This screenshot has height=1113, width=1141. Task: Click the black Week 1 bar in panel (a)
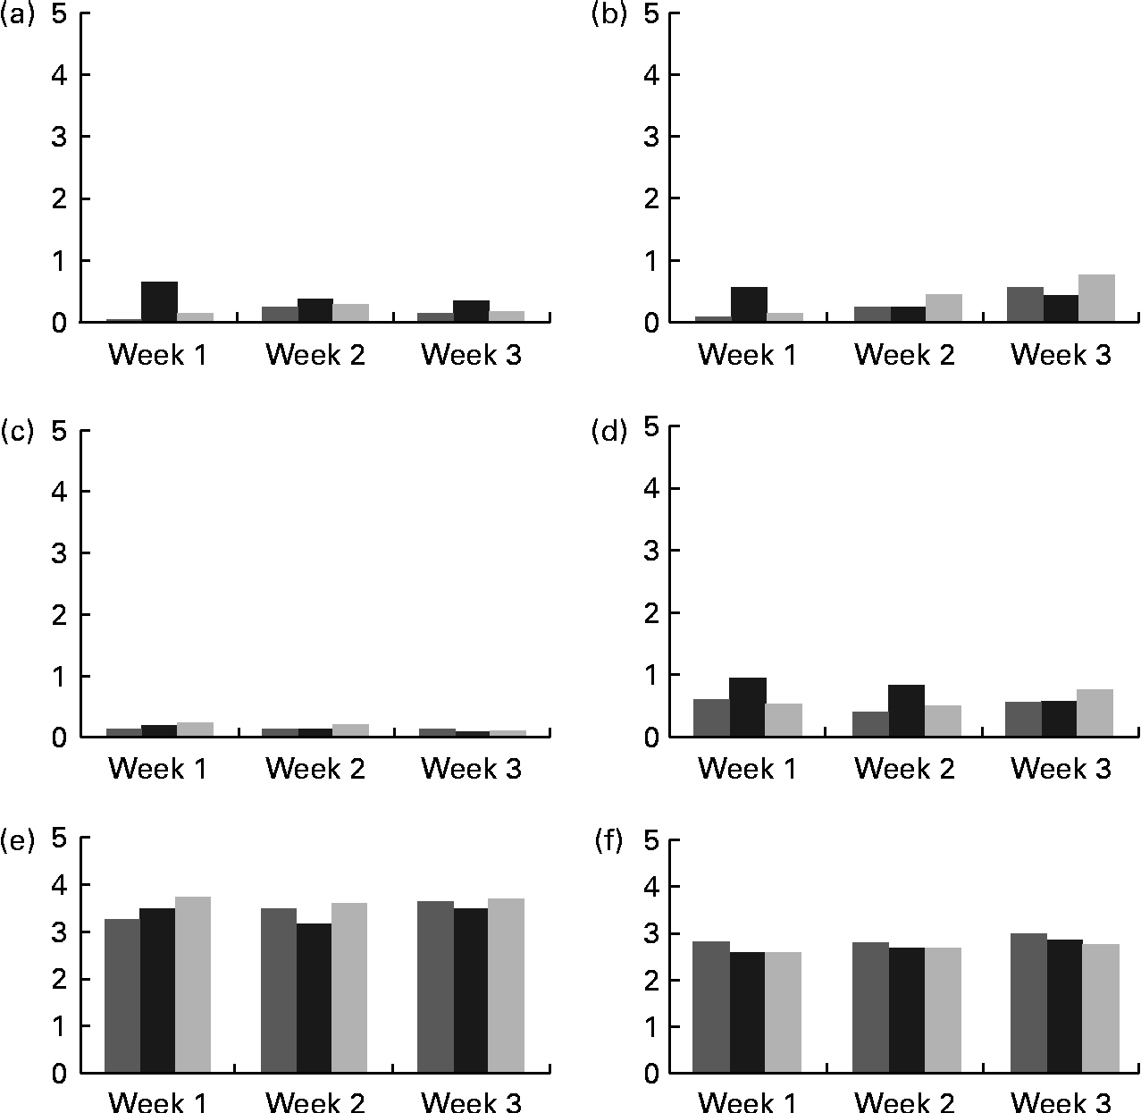click(x=159, y=301)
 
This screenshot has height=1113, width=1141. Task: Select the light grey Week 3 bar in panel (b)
click(x=1095, y=298)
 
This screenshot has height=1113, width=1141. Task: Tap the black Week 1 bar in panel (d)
click(x=748, y=707)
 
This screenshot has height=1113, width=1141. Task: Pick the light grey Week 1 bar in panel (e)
click(x=193, y=984)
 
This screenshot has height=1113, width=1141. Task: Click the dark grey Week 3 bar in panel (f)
click(x=1028, y=1003)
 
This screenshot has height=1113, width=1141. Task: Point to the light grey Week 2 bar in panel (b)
click(x=944, y=308)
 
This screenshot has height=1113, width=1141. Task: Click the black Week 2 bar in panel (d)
click(x=906, y=711)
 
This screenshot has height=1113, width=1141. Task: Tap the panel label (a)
click(x=17, y=15)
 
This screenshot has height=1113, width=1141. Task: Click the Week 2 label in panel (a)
click(x=315, y=356)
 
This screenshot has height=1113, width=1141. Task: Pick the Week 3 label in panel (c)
click(x=471, y=769)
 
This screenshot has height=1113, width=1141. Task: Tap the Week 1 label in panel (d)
click(x=747, y=769)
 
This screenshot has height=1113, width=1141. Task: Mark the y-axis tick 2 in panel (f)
click(x=650, y=980)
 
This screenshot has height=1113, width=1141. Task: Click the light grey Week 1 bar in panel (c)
click(x=195, y=729)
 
